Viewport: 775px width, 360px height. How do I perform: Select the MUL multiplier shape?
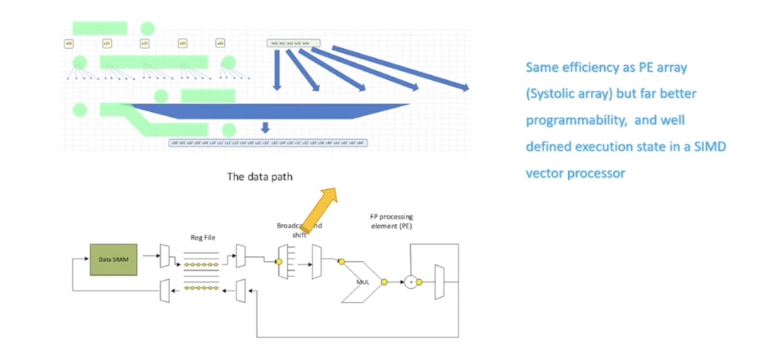(x=362, y=282)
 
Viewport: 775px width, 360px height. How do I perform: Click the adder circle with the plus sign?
(x=410, y=282)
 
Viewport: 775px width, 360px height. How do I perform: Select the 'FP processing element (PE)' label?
(x=391, y=220)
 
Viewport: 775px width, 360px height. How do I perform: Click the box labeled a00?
(x=69, y=43)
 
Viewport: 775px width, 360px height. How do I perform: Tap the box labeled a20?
(x=145, y=43)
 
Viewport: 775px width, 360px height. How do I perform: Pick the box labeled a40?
(x=220, y=43)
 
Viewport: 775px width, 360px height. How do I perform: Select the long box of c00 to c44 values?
(x=267, y=142)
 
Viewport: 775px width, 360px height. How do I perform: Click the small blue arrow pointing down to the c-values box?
(x=265, y=128)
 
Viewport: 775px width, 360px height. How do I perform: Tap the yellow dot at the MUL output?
(x=384, y=282)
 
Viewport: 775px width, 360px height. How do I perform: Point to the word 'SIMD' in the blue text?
(x=711, y=146)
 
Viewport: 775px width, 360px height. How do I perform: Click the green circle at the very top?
(x=147, y=28)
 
